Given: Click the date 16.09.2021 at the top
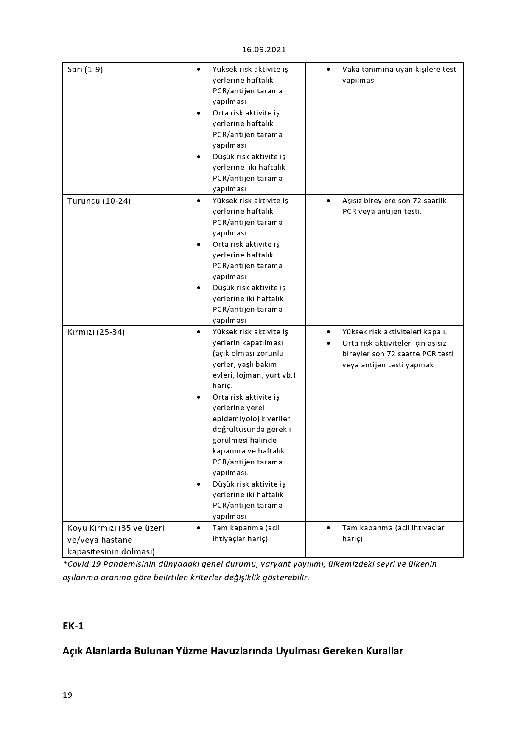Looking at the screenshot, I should click(264, 50).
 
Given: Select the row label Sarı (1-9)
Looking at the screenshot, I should click(85, 70).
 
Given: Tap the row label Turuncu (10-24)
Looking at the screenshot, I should click(99, 201).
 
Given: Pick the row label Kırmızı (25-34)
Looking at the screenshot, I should click(96, 332).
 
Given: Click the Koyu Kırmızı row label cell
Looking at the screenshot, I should click(116, 540).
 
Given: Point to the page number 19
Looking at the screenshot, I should click(67, 695).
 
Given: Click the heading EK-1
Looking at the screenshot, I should click(73, 626).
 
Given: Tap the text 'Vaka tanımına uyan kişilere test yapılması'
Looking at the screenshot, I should click(399, 75).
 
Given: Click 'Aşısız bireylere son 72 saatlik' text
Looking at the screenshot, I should click(394, 201).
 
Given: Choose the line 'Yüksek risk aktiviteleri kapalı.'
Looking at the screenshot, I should click(394, 332).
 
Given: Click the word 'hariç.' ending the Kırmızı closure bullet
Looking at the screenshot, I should click(222, 386).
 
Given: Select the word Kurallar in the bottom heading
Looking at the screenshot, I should click(384, 651).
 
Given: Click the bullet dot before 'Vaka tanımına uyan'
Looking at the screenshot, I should click(328, 69).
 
